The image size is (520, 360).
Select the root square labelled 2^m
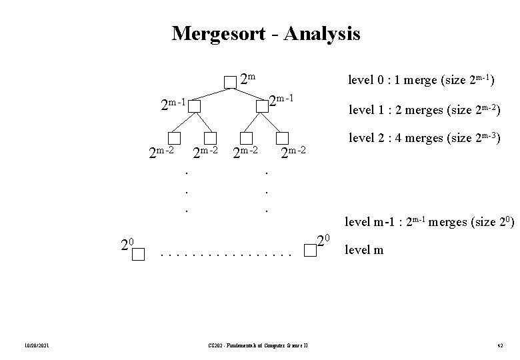[230, 82]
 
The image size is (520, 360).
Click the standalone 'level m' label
[363, 251]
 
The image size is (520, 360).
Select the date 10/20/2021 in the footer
[34, 344]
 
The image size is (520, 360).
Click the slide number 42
[499, 344]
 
